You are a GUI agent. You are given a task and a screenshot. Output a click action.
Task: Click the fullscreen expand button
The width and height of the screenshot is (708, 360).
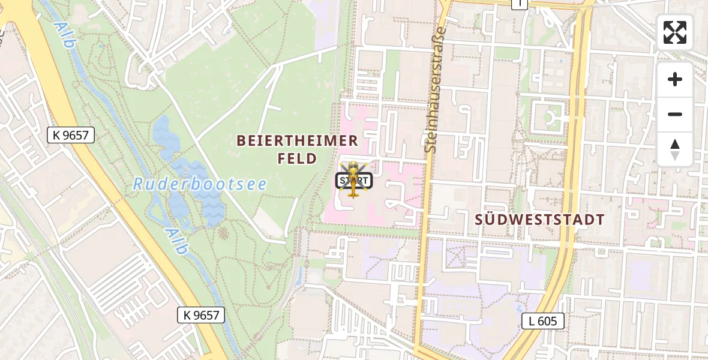click(675, 32)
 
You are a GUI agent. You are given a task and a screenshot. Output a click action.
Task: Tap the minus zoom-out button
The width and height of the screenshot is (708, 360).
click(675, 114)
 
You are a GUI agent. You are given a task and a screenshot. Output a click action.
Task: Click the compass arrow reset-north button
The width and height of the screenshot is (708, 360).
click(675, 149)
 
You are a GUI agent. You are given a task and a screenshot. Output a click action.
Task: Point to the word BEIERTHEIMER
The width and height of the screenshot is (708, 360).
click(297, 141)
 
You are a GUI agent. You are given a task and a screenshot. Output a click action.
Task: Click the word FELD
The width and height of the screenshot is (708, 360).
click(297, 159)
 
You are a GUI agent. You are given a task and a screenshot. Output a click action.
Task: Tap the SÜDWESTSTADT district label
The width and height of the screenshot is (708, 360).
click(539, 220)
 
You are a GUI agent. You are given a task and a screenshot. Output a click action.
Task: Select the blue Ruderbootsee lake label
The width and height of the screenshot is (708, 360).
click(200, 184)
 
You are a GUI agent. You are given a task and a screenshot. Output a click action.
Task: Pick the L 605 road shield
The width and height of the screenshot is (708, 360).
click(543, 321)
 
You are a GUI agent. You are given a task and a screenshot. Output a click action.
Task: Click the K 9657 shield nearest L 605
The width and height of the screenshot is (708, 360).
click(201, 314)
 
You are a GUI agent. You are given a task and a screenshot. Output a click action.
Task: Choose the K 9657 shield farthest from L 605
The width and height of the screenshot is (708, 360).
click(71, 136)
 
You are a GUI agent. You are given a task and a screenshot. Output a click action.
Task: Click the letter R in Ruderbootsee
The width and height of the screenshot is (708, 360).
click(138, 184)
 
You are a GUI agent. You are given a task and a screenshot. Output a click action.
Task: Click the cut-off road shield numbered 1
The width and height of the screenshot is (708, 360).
click(519, 4)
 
